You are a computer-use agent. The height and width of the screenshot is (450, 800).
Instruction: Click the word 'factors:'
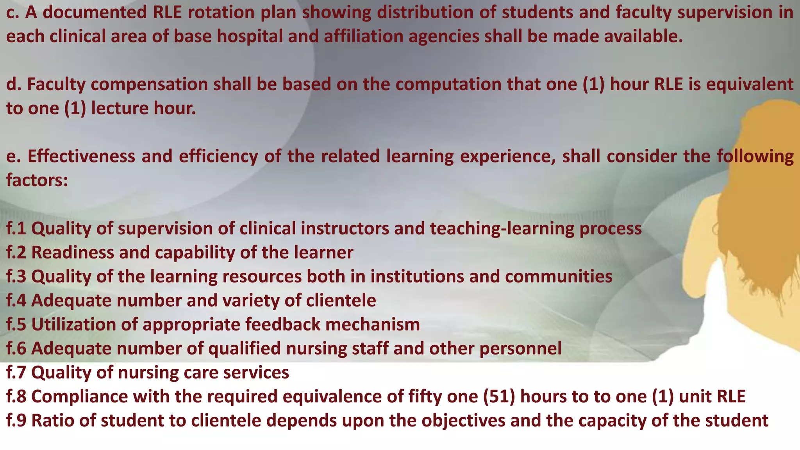coord(37,180)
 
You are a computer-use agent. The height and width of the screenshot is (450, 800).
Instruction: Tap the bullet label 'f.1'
coord(16,229)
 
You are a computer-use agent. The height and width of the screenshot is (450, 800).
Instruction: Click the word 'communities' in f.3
coord(559,277)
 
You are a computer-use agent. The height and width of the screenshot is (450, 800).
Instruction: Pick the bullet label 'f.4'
coord(16,300)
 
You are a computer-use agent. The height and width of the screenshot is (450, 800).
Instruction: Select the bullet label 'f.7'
coord(16,372)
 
